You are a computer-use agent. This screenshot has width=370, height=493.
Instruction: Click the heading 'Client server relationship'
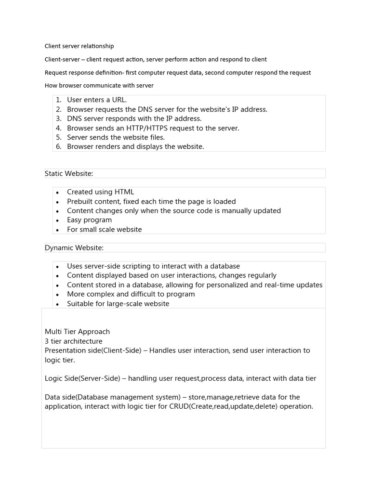[x=79, y=46]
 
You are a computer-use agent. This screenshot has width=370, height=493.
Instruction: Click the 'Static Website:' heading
[x=69, y=173]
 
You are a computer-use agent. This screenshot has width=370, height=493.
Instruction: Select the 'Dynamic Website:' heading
[x=74, y=248]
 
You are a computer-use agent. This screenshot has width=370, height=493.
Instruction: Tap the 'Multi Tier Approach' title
[x=77, y=332]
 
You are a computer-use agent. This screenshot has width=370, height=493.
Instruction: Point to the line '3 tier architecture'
[x=73, y=341]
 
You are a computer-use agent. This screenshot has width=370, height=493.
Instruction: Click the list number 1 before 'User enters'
[x=58, y=100]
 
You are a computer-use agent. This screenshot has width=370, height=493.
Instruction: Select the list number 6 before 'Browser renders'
[x=58, y=147]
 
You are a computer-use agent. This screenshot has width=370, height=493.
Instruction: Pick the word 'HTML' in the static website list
[x=124, y=192]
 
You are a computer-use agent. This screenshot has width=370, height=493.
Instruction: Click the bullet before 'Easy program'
[x=57, y=221]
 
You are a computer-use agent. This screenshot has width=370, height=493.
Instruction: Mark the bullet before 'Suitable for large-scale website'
[x=57, y=304]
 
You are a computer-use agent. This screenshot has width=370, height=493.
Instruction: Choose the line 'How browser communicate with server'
[x=99, y=86]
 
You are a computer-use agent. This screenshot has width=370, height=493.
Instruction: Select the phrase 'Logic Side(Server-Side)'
[x=82, y=378]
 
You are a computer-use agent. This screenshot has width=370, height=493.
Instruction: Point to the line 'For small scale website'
[x=105, y=230]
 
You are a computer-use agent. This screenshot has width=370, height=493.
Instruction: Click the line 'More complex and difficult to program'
[x=131, y=294]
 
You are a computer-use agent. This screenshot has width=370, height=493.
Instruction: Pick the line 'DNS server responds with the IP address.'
[x=134, y=118]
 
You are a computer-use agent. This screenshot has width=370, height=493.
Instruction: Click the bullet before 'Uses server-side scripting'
[x=57, y=267]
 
